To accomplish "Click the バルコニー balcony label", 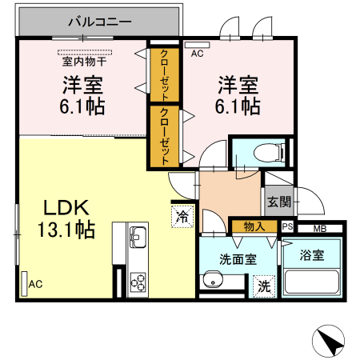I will tap(99, 22).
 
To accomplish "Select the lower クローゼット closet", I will tap(162, 136).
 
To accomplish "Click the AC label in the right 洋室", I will tap(198, 54).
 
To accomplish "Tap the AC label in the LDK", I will tap(35, 284).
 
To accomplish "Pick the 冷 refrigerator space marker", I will tap(182, 214).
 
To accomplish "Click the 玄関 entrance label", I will tap(278, 201).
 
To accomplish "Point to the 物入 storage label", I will tap(254, 227).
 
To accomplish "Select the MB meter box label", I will tap(320, 229).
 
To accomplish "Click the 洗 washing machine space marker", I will tap(262, 285).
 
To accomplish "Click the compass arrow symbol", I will tap(332, 342).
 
